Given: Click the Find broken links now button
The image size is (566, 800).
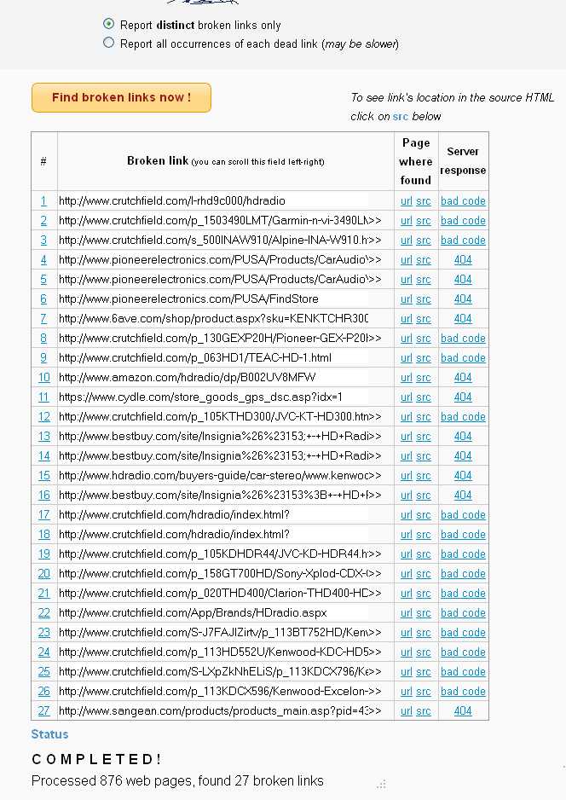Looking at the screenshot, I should pyautogui.click(x=121, y=97).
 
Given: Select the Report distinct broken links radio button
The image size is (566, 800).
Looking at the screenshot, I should pyautogui.click(x=108, y=25).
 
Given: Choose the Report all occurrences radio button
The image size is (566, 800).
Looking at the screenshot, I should pyautogui.click(x=108, y=43).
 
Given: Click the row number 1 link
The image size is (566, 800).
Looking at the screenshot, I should pyautogui.click(x=43, y=201).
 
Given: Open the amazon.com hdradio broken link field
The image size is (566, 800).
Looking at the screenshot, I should pyautogui.click(x=213, y=378).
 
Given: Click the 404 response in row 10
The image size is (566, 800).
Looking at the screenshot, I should pyautogui.click(x=463, y=378).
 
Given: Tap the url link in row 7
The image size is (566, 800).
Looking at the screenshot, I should pyautogui.click(x=407, y=319).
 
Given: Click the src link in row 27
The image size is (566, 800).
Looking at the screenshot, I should pyautogui.click(x=424, y=711).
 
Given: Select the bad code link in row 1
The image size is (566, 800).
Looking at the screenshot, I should pyautogui.click(x=463, y=201).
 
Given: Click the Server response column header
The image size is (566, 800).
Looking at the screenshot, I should pyautogui.click(x=463, y=161).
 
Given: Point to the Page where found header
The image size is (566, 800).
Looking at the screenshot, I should pyautogui.click(x=416, y=161).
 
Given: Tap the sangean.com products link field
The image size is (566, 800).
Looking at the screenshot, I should pyautogui.click(x=213, y=711).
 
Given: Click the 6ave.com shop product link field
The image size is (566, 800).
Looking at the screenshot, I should pyautogui.click(x=213, y=319).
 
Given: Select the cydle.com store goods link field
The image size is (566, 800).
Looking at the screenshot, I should pyautogui.click(x=213, y=397).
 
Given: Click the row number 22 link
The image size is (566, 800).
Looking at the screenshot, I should pyautogui.click(x=43, y=613).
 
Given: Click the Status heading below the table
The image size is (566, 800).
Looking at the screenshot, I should pyautogui.click(x=49, y=734).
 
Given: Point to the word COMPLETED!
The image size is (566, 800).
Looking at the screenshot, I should pyautogui.click(x=96, y=759).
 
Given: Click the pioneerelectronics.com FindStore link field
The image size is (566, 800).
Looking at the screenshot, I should pyautogui.click(x=213, y=299).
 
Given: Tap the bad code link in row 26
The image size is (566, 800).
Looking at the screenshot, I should pyautogui.click(x=463, y=692).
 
